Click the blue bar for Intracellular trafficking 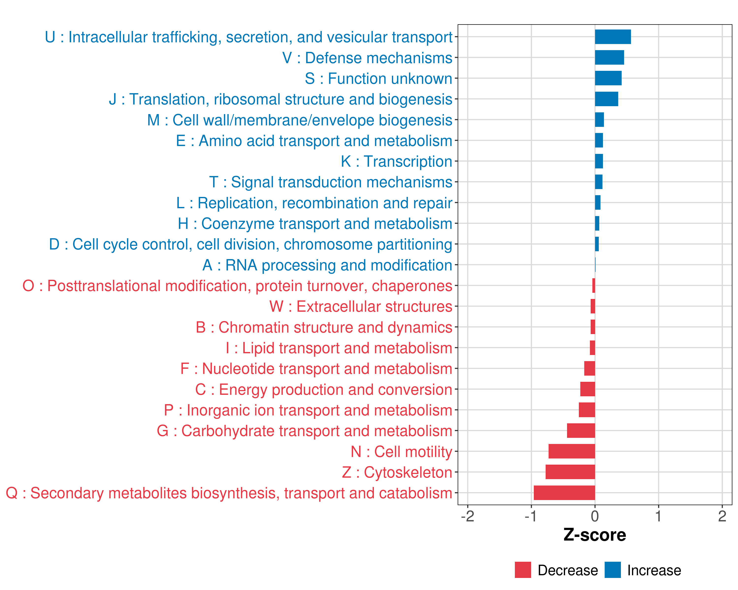tap(613, 37)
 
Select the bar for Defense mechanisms tap(609, 58)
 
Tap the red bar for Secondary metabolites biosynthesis tap(564, 493)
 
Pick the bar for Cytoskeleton tap(570, 472)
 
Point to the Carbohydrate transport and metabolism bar tap(581, 431)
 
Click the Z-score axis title tap(595, 535)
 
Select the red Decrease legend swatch tap(523, 570)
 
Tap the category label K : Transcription tap(396, 162)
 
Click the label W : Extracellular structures tap(361, 307)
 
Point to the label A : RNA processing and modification tap(327, 265)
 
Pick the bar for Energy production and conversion tap(587, 389)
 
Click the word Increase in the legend tap(654, 571)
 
